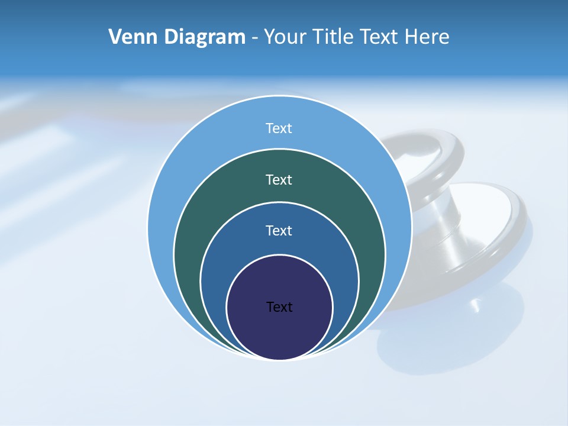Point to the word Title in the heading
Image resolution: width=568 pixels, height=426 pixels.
point(335,37)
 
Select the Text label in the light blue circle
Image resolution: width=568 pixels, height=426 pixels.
point(279,128)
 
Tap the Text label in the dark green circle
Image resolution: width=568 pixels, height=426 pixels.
point(279,179)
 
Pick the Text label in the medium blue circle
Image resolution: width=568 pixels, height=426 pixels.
point(279,230)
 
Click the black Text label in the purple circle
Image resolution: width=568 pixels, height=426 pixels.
point(279,307)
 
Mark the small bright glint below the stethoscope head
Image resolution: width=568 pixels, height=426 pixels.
point(475,307)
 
